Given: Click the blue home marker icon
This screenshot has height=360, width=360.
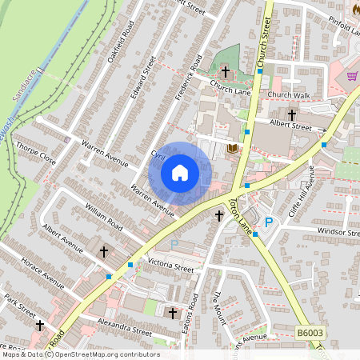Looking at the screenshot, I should pyautogui.click(x=180, y=172).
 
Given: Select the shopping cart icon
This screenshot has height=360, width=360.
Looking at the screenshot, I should pyautogui.click(x=352, y=76).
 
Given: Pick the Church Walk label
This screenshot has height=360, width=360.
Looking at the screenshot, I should pyautogui.click(x=288, y=95).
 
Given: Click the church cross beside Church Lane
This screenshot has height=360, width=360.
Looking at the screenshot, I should pyautogui.click(x=225, y=72).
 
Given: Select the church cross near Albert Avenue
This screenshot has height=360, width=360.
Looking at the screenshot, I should pyautogui.click(x=103, y=252).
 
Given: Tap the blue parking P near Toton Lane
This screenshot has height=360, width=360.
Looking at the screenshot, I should pyautogui.click(x=269, y=222).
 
